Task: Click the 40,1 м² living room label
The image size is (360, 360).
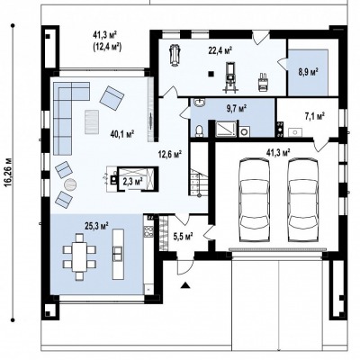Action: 122,134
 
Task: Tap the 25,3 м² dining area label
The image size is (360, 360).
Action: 96,226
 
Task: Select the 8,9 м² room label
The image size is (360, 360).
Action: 308,72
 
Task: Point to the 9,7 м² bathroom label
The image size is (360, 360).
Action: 237,108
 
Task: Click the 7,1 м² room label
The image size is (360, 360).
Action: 315,116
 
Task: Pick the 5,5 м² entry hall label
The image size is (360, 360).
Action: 183,237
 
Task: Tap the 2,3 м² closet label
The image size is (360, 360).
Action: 132,181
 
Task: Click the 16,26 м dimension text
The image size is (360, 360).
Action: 8,172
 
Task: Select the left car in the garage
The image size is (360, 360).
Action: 254,200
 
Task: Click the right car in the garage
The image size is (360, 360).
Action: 303,200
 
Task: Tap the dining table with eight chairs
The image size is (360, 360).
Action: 79,256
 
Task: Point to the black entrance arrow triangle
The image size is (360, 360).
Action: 185,285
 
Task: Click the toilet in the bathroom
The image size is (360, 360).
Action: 199,131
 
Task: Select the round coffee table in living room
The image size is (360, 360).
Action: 70,184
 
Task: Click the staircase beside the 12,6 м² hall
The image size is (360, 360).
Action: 198,182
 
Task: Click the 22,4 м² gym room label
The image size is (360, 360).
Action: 220,50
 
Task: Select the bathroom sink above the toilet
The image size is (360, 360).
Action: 199,103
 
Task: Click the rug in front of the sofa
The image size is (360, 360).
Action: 92,121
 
